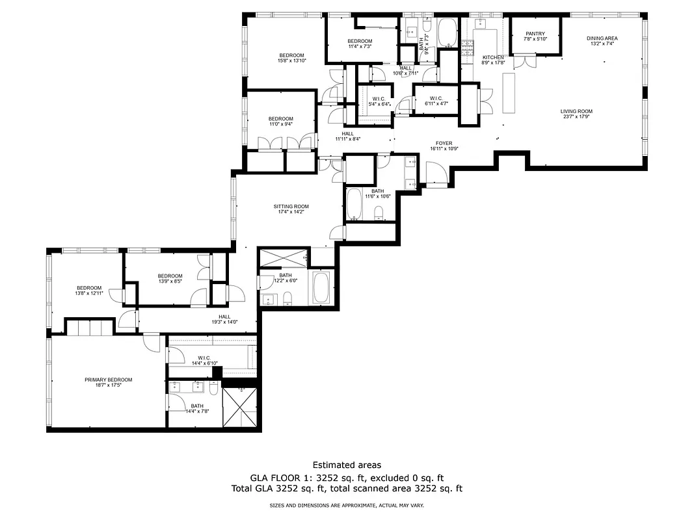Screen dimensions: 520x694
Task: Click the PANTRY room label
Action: point(535,34)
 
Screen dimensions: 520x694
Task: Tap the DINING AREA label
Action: point(603,38)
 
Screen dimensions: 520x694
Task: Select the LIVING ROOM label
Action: point(576,111)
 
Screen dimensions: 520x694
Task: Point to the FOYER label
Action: point(444,143)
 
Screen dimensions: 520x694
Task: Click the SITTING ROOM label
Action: point(290,206)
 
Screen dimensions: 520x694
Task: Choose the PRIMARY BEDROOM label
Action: point(108,380)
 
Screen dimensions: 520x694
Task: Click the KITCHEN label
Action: point(492,57)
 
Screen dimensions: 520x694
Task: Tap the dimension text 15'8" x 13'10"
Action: point(291,60)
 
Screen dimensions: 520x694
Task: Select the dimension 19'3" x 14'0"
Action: point(224,322)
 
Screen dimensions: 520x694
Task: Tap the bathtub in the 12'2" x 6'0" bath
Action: point(322,288)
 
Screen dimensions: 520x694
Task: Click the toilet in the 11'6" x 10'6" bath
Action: point(379,213)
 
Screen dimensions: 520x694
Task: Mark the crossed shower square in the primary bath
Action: point(241,406)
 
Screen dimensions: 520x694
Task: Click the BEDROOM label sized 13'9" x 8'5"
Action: point(170,276)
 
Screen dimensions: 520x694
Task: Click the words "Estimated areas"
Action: point(347,465)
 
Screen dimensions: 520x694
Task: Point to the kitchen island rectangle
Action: point(508,91)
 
